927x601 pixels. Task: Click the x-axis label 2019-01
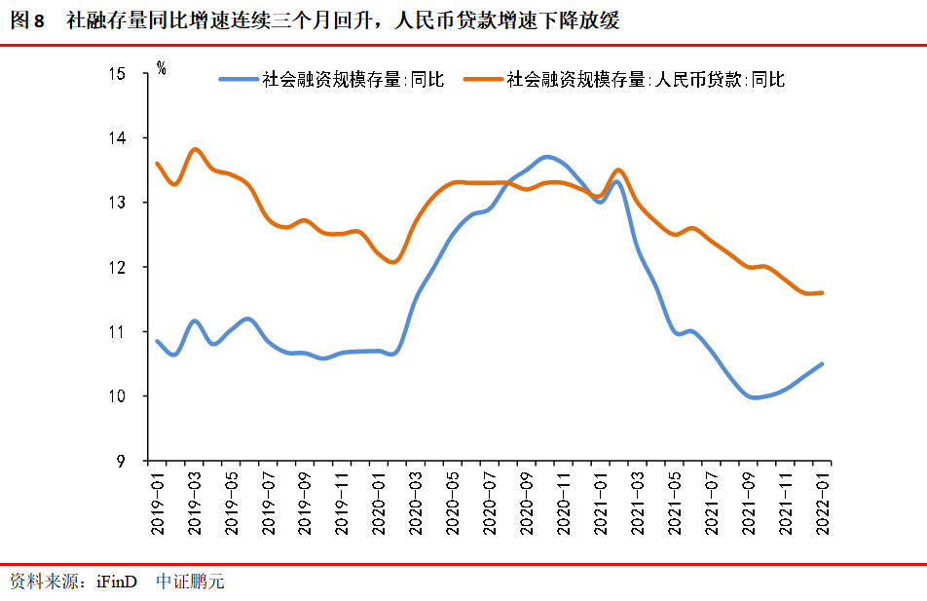click(158, 503)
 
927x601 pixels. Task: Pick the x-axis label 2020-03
click(415, 503)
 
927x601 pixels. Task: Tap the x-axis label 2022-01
click(823, 503)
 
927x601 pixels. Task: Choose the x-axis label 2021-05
click(674, 503)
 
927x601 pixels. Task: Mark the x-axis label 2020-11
click(563, 503)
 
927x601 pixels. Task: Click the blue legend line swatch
click(239, 80)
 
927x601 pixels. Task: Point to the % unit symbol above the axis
click(161, 68)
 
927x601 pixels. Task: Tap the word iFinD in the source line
click(117, 582)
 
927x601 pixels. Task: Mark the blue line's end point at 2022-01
click(823, 364)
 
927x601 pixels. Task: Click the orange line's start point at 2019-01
click(158, 164)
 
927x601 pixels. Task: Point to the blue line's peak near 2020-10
click(547, 157)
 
